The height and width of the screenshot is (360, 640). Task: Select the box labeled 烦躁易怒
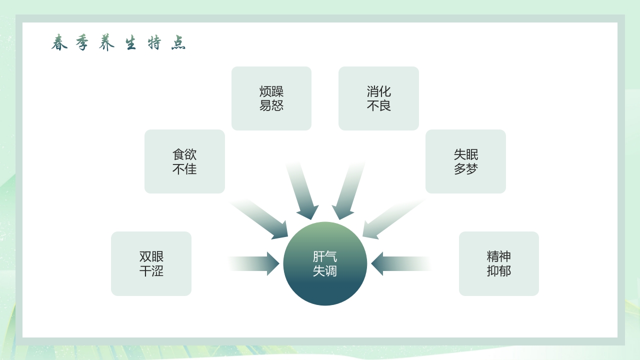271,98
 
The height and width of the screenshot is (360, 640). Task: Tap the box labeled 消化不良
378,98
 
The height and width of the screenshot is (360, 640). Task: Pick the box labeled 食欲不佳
184,161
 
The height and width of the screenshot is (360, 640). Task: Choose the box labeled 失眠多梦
465,161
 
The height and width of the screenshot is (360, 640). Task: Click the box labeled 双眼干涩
151,263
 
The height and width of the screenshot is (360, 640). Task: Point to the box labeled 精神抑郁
499,263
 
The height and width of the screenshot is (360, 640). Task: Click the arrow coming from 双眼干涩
257,263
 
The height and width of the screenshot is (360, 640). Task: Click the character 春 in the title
59,43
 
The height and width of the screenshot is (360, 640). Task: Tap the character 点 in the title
178,43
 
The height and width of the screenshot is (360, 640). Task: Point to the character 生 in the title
130,43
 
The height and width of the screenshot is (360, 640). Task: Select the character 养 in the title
106,43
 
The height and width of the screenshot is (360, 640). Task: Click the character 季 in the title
82,43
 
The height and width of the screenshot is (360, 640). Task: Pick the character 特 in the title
154,43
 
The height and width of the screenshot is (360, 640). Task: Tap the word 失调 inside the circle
325,271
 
